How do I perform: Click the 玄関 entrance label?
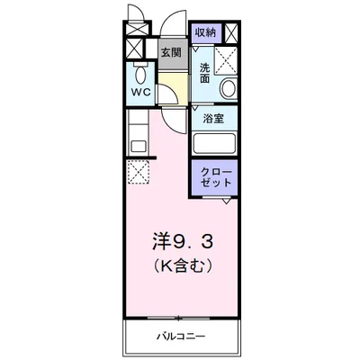pos(171,51)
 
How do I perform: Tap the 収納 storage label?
pos(205,32)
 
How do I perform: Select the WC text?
pos(141,91)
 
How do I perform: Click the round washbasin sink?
pos(227,88)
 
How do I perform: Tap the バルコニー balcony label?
pos(185,337)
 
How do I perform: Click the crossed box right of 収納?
pos(233,33)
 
